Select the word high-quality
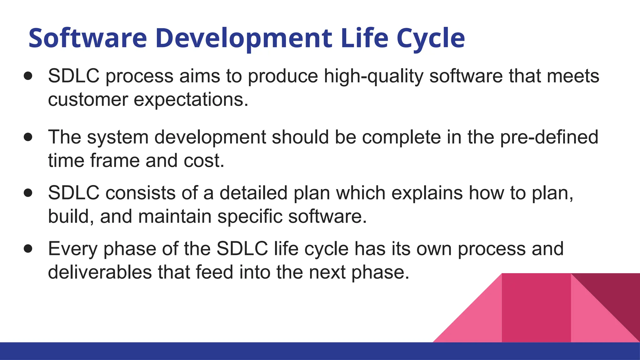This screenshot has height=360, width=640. point(374,76)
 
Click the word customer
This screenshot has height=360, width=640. point(88,100)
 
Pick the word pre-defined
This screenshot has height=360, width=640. point(549,137)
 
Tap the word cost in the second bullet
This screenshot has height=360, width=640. point(203,161)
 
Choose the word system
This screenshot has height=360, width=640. point(117,137)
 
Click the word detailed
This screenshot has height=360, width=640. point(253,193)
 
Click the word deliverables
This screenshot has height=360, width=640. point(100,272)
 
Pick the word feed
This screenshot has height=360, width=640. point(214,272)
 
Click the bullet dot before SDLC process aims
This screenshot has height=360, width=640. point(28,76)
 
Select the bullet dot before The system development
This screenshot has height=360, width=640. point(28,137)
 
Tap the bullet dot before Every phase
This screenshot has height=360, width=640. point(28,249)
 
